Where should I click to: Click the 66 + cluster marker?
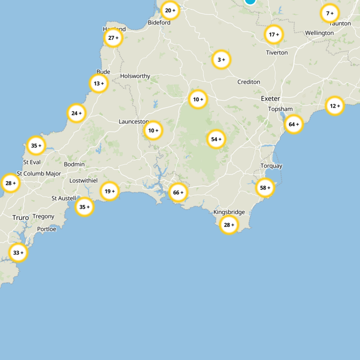[x=178, y=193]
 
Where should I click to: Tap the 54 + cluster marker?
[x=216, y=139]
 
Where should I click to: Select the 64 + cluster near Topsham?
[x=294, y=124]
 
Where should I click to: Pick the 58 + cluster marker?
[x=265, y=188]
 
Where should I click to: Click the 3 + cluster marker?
[x=221, y=59]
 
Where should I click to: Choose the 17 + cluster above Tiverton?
[x=274, y=34]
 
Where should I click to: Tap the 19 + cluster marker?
[x=109, y=191]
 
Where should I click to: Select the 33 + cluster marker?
[x=18, y=252]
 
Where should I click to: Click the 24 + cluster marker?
[x=76, y=113]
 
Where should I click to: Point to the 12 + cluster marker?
[x=335, y=106]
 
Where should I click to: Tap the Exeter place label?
[x=270, y=99]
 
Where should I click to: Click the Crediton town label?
[x=249, y=82]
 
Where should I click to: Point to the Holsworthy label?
[x=135, y=76]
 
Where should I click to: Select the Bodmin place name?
[x=74, y=164]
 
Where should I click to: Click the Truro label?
[x=21, y=217]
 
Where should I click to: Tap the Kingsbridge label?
[x=229, y=212]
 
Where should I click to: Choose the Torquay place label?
[x=271, y=166]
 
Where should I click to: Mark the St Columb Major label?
[x=39, y=173]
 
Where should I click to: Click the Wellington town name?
[x=319, y=33]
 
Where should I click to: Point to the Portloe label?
[x=47, y=229]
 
